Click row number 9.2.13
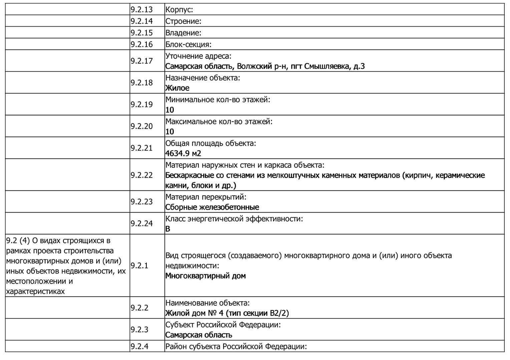click(x=141, y=10)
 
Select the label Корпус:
click(x=179, y=10)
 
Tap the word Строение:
click(x=183, y=21)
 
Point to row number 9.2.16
click(x=141, y=44)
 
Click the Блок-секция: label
click(x=188, y=44)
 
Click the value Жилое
click(x=177, y=88)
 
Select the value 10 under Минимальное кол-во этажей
click(x=169, y=110)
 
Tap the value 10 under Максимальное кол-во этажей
click(x=169, y=132)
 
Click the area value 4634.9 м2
click(x=183, y=153)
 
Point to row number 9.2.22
click(x=141, y=175)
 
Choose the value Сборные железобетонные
click(x=212, y=207)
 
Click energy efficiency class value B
click(x=167, y=229)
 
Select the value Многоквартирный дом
click(x=205, y=276)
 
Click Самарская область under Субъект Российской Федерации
click(x=198, y=335)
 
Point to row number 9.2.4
click(x=139, y=346)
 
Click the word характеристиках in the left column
click(x=35, y=291)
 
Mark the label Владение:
click(x=183, y=33)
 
